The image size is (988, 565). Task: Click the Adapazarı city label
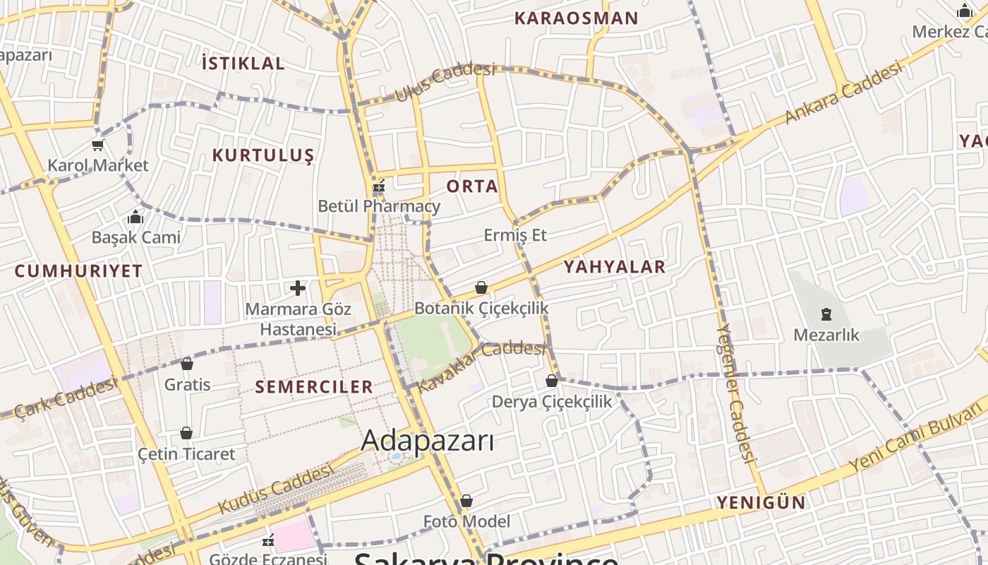(427, 441)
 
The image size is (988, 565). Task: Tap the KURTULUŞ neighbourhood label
(263, 155)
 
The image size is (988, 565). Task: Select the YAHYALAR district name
(614, 266)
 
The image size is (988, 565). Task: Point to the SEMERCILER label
(313, 386)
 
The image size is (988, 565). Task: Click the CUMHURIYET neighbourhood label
(78, 270)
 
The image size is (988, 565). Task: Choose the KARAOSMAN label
(576, 18)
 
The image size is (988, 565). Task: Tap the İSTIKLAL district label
(243, 64)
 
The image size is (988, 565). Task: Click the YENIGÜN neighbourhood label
(761, 502)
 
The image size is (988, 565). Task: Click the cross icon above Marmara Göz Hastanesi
(298, 288)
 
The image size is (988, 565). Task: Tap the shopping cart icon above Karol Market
(97, 145)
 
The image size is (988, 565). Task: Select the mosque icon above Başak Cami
(135, 217)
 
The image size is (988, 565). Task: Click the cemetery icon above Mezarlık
(826, 314)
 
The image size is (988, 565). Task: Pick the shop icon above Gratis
(187, 364)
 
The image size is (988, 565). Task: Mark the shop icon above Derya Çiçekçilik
(552, 381)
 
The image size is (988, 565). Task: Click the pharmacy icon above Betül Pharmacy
(379, 186)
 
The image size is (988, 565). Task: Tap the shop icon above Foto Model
(466, 501)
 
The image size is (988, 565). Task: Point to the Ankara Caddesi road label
(843, 93)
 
